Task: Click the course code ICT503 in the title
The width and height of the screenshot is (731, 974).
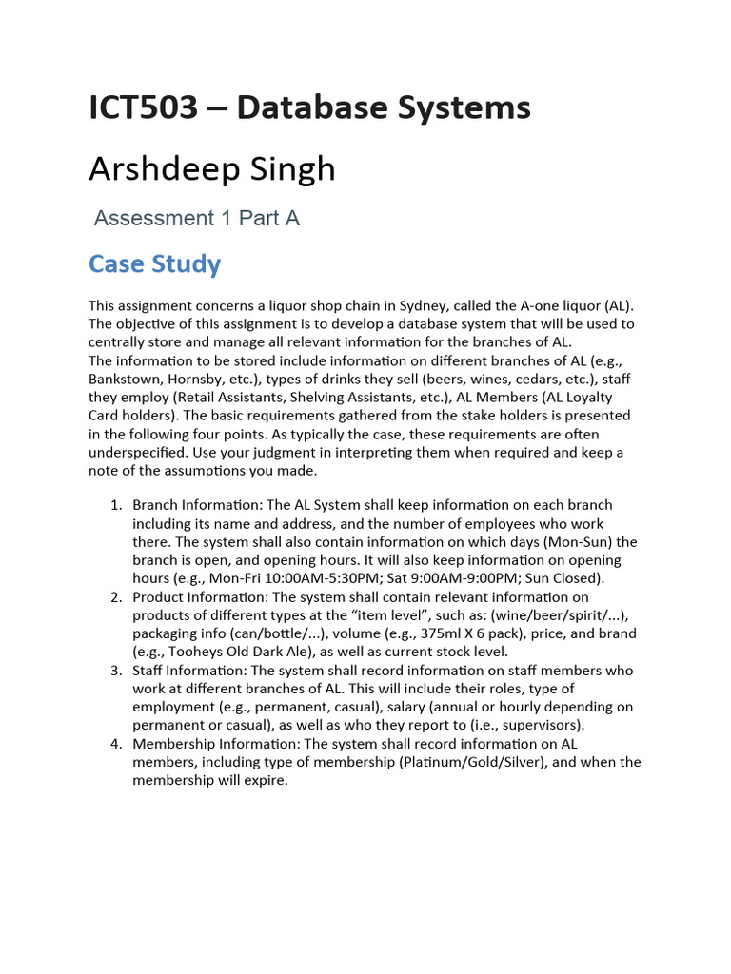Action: tap(143, 107)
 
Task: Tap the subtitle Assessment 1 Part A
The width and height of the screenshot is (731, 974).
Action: tap(196, 218)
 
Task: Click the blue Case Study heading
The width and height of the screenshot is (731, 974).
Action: tap(154, 263)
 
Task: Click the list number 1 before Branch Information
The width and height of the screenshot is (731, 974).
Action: tap(116, 505)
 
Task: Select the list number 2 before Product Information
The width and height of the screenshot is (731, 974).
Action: tap(116, 597)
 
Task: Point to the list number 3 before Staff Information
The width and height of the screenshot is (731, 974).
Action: tap(116, 671)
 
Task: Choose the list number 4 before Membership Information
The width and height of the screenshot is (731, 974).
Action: tap(116, 744)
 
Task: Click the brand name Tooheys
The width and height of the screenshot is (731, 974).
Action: tap(196, 653)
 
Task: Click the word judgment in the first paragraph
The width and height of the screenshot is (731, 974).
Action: tap(310, 453)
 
